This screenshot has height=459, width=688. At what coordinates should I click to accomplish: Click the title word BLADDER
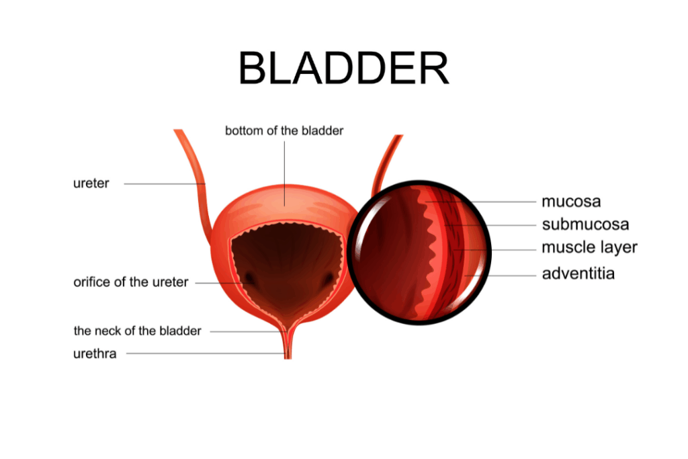click(x=343, y=69)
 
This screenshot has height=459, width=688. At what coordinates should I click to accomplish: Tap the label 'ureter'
click(x=91, y=183)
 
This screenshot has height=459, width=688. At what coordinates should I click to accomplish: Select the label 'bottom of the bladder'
click(x=284, y=130)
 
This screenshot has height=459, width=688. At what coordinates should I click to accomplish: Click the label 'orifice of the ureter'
click(x=131, y=282)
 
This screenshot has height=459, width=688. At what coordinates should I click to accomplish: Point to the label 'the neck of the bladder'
click(x=137, y=331)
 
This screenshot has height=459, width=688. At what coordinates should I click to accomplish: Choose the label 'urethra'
click(x=95, y=353)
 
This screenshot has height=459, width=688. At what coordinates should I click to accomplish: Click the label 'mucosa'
click(x=571, y=201)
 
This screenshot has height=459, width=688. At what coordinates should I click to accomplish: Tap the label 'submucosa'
click(x=585, y=224)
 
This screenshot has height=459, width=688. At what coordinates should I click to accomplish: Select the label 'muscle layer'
click(x=589, y=247)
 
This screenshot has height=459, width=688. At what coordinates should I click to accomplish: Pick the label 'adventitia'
click(x=578, y=274)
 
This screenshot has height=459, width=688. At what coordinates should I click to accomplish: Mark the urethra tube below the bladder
click(x=288, y=346)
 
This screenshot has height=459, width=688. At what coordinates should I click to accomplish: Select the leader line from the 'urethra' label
click(x=202, y=353)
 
